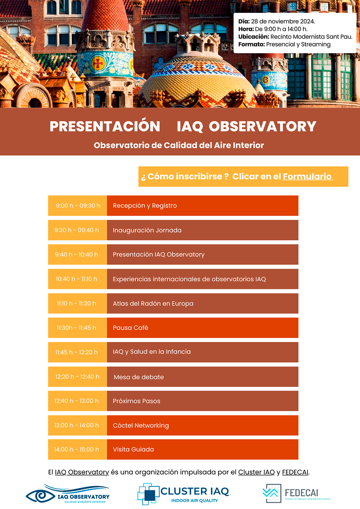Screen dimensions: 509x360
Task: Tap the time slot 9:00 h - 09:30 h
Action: pos(78,206)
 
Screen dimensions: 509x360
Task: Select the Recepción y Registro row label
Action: pos(145,206)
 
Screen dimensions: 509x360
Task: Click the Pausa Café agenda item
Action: pos(130,328)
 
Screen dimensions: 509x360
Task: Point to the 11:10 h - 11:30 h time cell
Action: pos(76,303)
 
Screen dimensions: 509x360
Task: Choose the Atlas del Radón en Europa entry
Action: pos(153,303)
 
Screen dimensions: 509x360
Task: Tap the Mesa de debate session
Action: pos(139,377)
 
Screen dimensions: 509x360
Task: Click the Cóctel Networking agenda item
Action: pos(141,425)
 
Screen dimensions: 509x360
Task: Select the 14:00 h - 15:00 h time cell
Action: pos(76,449)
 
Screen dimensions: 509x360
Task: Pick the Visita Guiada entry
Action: pos(133,449)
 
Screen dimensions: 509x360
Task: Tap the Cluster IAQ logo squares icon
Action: pos(148,494)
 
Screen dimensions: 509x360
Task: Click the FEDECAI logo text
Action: pos(301,493)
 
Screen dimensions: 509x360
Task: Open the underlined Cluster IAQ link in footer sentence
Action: pos(256,472)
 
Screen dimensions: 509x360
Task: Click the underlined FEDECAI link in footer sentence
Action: pos(295,472)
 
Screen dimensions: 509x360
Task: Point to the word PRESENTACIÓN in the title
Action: pos(105,126)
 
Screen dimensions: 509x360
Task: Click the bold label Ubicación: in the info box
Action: pos(253,37)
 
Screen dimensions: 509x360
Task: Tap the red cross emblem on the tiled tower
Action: pos(98,64)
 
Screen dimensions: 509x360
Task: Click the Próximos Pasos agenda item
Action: pos(136,401)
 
